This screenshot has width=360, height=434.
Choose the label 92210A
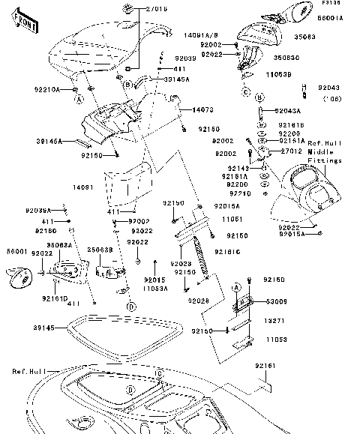point(46,89)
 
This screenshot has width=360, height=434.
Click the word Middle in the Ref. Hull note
point(323,150)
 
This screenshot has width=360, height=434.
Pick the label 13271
point(274,319)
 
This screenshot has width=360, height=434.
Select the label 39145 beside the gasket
point(44,328)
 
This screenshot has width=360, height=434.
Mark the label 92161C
point(226,252)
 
